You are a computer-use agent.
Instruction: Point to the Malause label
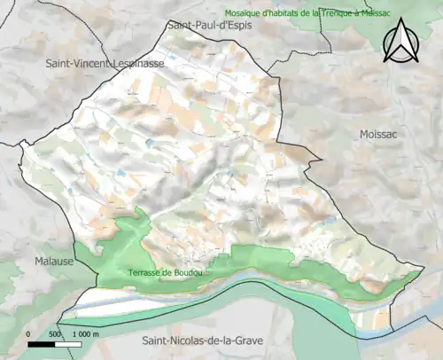tap(55, 262)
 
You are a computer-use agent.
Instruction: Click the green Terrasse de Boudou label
tap(165, 273)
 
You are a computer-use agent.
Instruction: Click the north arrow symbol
tap(400, 43)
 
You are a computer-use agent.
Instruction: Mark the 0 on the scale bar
tap(29, 333)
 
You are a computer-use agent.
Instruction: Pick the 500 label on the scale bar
tap(54, 333)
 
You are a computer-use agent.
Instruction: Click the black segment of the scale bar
tap(42, 343)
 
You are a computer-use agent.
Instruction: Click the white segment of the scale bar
tap(67, 343)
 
